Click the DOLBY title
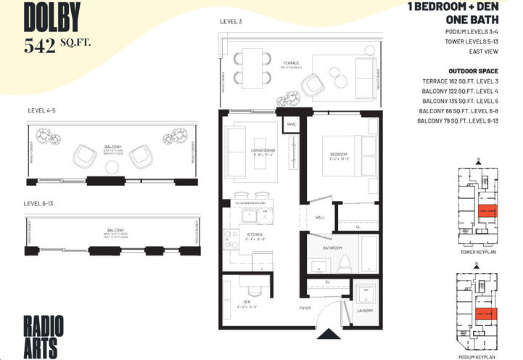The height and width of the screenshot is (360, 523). coord(52,16)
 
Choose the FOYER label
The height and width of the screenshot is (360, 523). coord(305,308)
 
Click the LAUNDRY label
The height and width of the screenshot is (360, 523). coord(364,311)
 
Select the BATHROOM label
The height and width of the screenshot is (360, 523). coord(332,247)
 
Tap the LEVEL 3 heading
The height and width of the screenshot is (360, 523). coord(231,21)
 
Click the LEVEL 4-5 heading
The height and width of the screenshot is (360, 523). coord(42,110)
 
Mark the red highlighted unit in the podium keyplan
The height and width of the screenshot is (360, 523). coord(485,314)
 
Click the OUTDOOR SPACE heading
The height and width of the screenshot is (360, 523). coord(477,70)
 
